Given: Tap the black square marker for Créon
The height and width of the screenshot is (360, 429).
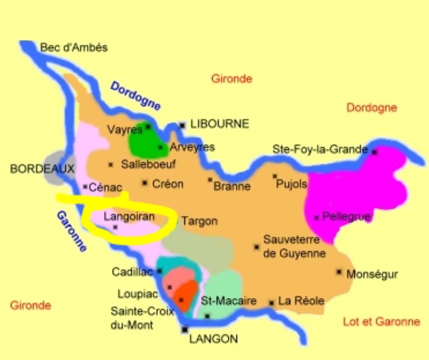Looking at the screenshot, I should tap(145, 183).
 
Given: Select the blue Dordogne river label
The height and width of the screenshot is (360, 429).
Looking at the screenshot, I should tap(136, 95).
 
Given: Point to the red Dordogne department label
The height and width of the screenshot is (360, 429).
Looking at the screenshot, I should tap(371, 108).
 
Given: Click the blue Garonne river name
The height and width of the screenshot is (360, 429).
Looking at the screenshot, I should tap(72, 231).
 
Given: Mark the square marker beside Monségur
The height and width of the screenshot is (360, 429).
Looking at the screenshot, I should tap(339, 271).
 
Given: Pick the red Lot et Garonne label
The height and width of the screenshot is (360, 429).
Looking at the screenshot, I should tap(381, 322).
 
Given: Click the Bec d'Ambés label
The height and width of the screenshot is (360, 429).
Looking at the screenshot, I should tap(74, 48).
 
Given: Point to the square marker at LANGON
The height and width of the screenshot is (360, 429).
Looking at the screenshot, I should tap(185, 329).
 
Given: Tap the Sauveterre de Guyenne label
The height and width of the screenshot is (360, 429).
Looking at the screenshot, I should tap(294, 246).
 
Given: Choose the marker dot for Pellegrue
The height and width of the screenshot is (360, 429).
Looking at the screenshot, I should tap(316, 217).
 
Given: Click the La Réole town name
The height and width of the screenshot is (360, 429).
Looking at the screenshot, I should tap(301, 301).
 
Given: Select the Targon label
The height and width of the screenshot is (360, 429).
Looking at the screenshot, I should tap(199, 221).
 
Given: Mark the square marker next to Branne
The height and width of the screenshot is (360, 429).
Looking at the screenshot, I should tap(210, 180).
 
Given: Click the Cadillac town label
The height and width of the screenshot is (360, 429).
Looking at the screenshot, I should tap(132, 272).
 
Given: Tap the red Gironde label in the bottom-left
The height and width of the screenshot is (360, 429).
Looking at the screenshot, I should tap(31, 305).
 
